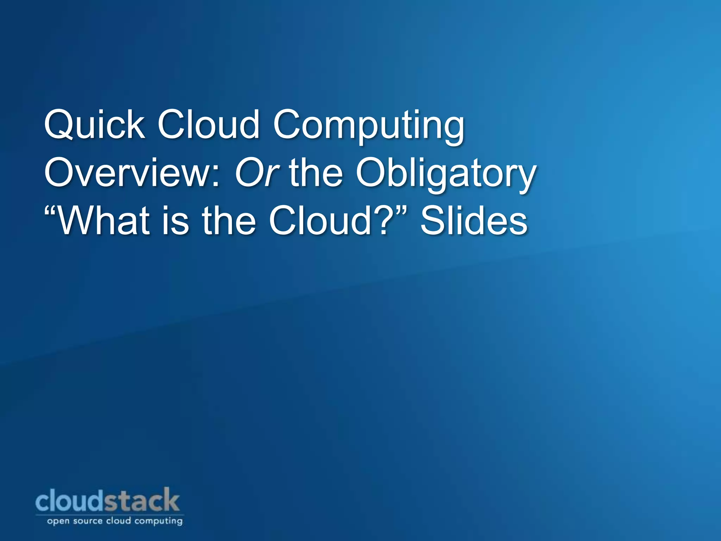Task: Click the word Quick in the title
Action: (x=94, y=125)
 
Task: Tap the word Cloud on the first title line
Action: (x=208, y=125)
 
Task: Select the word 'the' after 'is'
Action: (x=229, y=221)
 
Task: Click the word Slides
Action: (x=474, y=221)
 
